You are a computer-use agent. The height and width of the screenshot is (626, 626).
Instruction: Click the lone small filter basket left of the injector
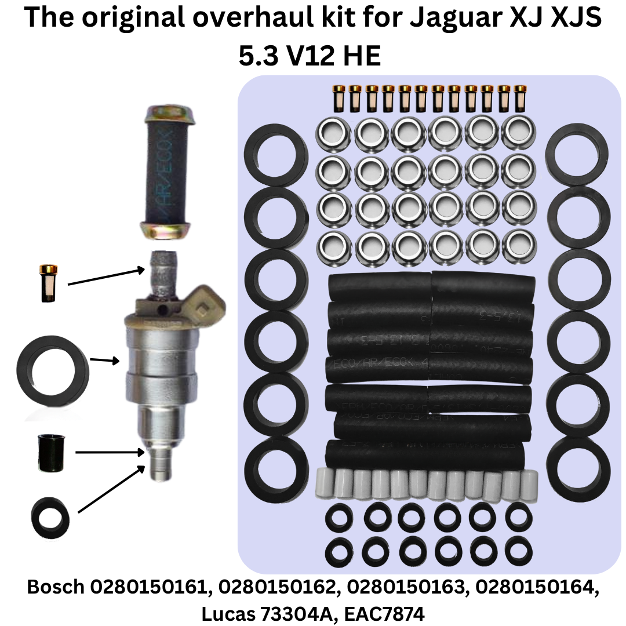48,283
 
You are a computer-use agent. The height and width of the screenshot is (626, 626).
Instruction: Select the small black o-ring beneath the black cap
51,515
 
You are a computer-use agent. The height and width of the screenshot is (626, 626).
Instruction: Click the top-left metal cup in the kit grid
332,134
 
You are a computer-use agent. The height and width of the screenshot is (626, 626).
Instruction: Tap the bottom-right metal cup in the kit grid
519,246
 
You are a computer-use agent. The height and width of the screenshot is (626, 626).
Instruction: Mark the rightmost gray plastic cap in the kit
530,482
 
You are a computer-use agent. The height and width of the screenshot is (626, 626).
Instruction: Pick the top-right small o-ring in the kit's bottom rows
518,514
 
